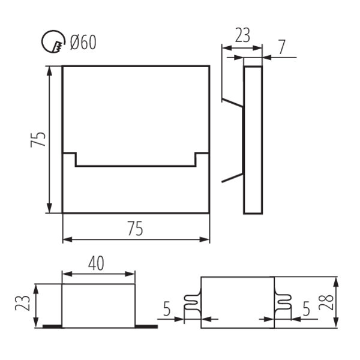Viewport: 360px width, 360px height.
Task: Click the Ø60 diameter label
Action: coord(83,42)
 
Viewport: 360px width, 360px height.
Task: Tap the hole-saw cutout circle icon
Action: coord(53,42)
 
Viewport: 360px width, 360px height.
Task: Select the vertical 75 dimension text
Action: coord(38,139)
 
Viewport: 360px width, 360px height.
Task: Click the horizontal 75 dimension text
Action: coord(136,228)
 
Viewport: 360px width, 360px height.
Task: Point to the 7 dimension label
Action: coord(282,47)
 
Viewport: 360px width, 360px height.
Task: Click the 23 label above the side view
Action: coord(242,35)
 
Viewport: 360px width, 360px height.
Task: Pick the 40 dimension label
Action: coord(96,263)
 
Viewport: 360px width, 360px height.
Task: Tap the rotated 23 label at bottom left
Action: coord(23,303)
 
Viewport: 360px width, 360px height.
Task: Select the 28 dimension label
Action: coord(326,302)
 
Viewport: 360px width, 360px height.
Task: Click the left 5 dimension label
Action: coord(167,308)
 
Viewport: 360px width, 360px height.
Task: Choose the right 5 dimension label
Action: coord(306,308)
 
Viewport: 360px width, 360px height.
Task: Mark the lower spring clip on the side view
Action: coord(232,178)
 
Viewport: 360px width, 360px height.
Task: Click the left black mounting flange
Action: coord(52,326)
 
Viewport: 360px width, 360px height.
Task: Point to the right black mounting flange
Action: coord(146,326)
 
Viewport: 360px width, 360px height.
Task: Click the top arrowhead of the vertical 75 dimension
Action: coord(49,71)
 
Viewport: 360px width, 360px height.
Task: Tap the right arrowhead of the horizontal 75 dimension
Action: coord(205,239)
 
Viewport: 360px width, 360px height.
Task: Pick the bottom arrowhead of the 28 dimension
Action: coord(335,323)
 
